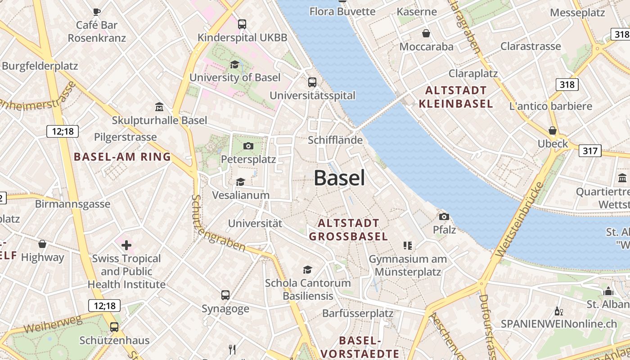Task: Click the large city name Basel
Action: coord(339,178)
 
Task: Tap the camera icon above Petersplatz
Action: coord(248,146)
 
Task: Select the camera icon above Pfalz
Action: coord(444,216)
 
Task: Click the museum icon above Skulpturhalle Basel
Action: coord(159,107)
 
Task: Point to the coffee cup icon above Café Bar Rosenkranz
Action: coord(96,12)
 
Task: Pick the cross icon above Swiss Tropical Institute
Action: coord(126,245)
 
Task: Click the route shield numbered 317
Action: coord(589,151)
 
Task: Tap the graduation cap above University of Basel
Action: coord(234,64)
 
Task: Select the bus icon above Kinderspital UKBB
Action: coord(242,24)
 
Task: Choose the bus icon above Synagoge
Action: coord(225,295)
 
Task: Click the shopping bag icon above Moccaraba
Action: coord(426,33)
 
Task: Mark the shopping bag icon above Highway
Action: coord(42,244)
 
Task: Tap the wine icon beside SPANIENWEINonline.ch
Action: coord(559,311)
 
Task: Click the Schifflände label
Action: coord(335,140)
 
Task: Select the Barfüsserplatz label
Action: coord(358,313)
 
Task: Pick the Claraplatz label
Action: coord(473,73)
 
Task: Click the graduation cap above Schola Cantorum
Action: coord(307,270)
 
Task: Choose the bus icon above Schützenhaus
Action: coord(114,327)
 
